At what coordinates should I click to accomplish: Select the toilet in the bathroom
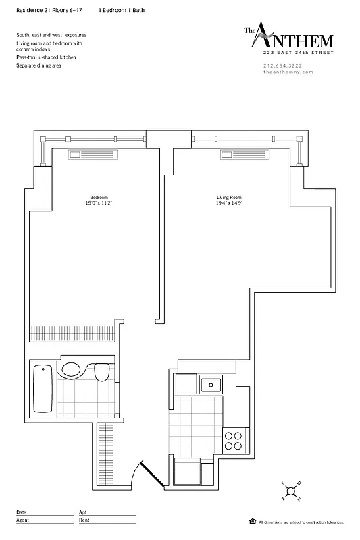pyautogui.click(x=102, y=373)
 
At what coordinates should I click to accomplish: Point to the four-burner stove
pyautogui.click(x=233, y=441)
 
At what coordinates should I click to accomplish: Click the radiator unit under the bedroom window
pyautogui.click(x=93, y=155)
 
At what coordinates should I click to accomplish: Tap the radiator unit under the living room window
pyautogui.click(x=245, y=155)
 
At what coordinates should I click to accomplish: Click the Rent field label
pyautogui.click(x=84, y=520)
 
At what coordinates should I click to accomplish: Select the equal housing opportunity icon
pyautogui.click(x=252, y=521)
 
